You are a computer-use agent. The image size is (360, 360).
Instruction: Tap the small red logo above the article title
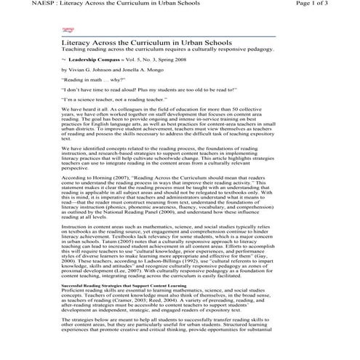69,31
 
